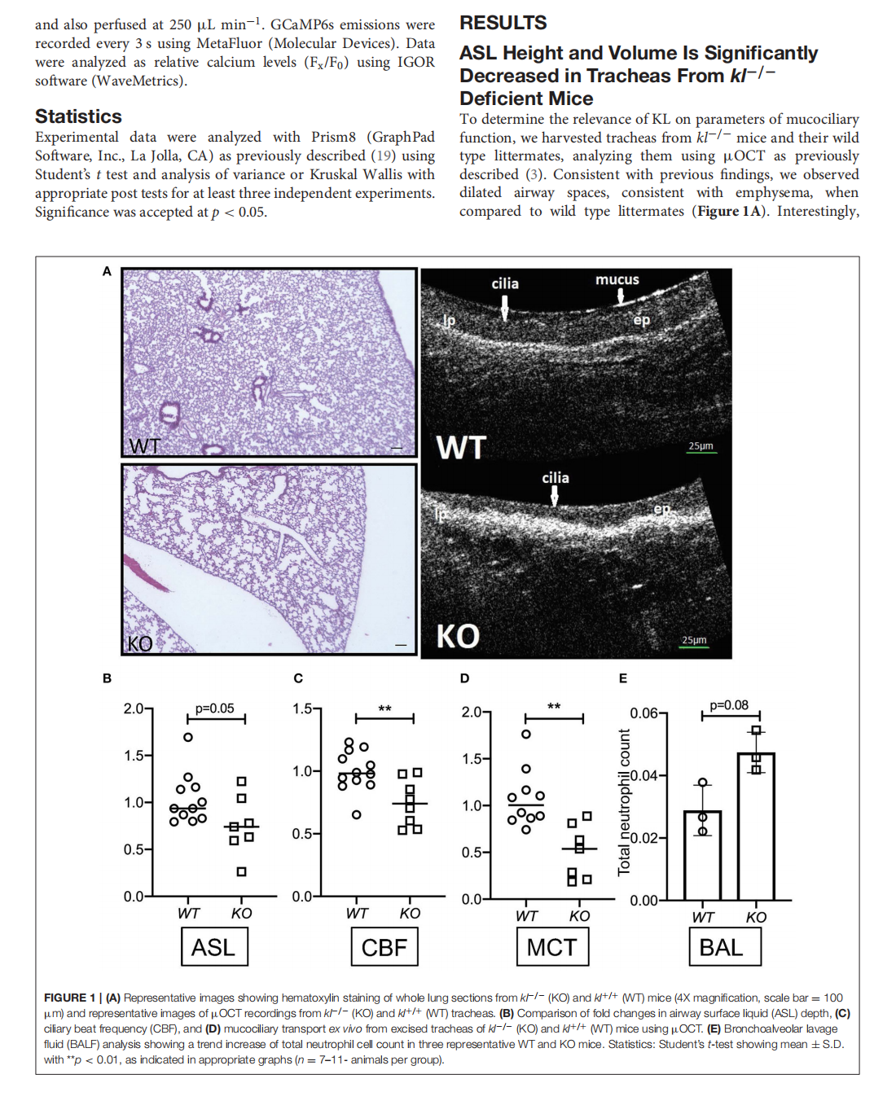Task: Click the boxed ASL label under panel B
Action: [x=213, y=947]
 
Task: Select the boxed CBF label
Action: [x=384, y=947]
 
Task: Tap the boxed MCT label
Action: [x=551, y=947]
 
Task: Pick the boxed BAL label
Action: [x=721, y=947]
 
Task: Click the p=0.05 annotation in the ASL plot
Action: [x=214, y=708]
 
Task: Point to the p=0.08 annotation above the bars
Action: [x=728, y=705]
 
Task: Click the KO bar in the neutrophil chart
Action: [x=755, y=826]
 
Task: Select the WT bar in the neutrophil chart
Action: [x=702, y=855]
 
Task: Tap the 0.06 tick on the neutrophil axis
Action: [x=643, y=713]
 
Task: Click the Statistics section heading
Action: [x=78, y=116]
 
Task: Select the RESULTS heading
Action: [x=503, y=23]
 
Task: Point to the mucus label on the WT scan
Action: [x=617, y=279]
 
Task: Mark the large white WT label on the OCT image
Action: [x=461, y=448]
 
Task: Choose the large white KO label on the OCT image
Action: [x=458, y=636]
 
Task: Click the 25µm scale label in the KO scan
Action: [x=694, y=640]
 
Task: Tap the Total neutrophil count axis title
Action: [x=624, y=802]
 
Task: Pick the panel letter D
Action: [x=464, y=678]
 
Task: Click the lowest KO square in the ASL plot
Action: [x=241, y=871]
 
